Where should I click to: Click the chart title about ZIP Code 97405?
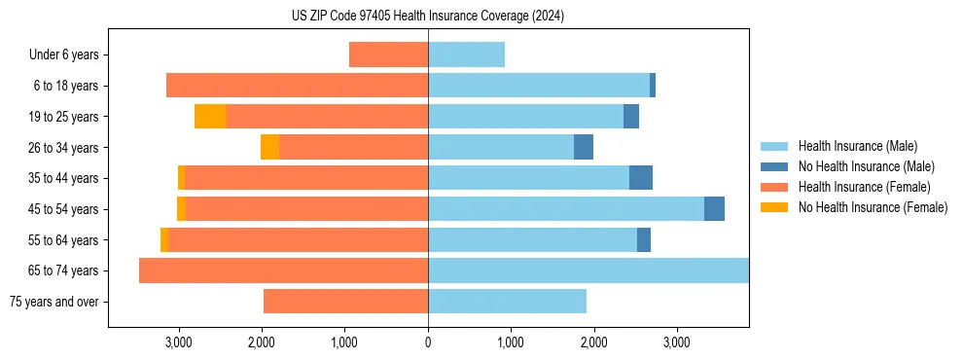[x=428, y=17]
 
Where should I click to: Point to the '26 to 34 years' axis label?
[x=63, y=147]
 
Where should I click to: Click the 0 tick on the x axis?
[x=428, y=342]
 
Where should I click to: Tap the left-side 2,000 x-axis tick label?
[x=262, y=342]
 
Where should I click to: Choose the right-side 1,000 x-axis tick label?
[x=511, y=342]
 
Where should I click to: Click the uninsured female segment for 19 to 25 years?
[x=210, y=117]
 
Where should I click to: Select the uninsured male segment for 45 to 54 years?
[x=714, y=209]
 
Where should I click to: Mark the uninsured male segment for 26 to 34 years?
[x=584, y=147]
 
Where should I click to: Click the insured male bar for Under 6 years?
[x=466, y=54]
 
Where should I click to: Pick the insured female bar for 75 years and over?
[x=345, y=302]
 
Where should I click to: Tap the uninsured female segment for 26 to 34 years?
[x=269, y=147]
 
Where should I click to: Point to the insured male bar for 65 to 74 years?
[x=588, y=270]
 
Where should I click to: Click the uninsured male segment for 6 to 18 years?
[x=653, y=86]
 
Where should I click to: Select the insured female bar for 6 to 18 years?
[x=297, y=86]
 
